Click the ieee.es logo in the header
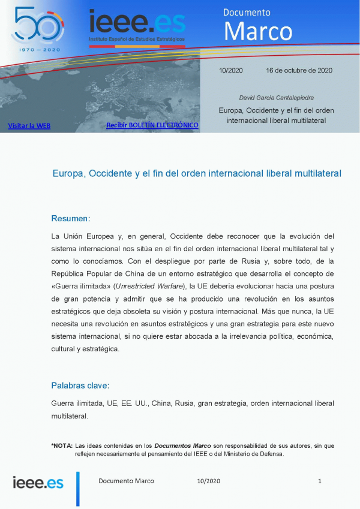[x=137, y=23]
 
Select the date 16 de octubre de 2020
[x=299, y=70]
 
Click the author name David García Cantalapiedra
[x=276, y=97]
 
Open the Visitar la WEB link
[x=29, y=125]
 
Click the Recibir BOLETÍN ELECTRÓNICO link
[x=152, y=125]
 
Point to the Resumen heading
[x=71, y=218]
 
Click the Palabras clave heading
[x=80, y=385]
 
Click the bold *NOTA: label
[x=62, y=446]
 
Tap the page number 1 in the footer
[x=320, y=481]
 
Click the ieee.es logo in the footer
[x=38, y=482]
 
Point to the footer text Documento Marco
[x=126, y=481]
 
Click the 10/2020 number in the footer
[x=209, y=481]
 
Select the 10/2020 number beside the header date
[x=230, y=70]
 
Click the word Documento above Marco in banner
[x=247, y=12]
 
